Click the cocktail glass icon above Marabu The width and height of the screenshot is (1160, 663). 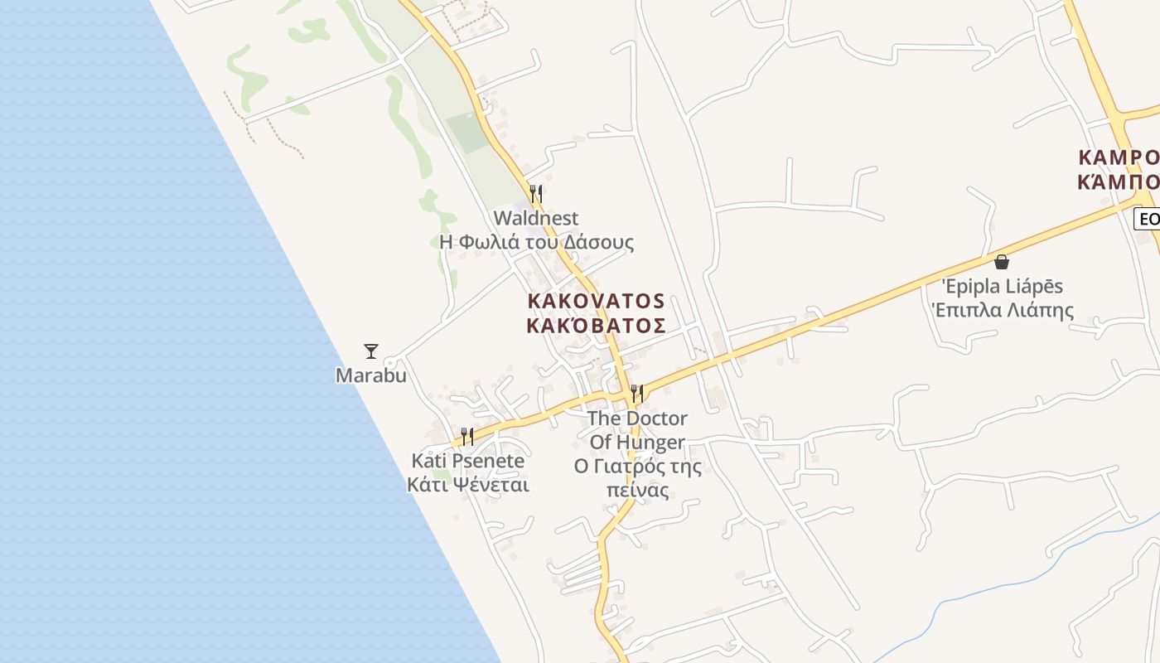click(x=371, y=351)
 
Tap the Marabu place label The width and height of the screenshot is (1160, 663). click(x=371, y=375)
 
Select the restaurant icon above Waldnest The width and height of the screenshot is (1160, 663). click(x=536, y=194)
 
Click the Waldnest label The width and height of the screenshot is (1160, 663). click(x=536, y=218)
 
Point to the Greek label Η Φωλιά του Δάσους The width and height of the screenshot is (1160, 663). click(x=536, y=242)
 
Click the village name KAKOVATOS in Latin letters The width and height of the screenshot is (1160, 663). click(x=596, y=300)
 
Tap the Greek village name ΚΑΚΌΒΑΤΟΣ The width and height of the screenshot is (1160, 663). click(x=596, y=324)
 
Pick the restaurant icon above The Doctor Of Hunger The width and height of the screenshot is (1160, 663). click(x=636, y=393)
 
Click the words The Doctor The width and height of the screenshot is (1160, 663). click(x=636, y=418)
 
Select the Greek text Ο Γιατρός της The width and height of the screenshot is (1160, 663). click(x=637, y=467)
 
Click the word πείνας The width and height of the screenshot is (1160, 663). click(x=637, y=491)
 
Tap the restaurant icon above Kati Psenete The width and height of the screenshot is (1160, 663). click(x=467, y=436)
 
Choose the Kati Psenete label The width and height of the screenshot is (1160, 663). click(x=467, y=461)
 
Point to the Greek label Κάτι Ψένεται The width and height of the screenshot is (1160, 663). click(x=467, y=485)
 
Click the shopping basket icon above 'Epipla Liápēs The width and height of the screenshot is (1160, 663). click(x=1002, y=262)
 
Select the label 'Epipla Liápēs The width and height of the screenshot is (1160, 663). click(x=1002, y=287)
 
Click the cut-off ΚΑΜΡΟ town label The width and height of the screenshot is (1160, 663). click(x=1119, y=157)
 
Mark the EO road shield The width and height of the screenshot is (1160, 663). click(x=1148, y=219)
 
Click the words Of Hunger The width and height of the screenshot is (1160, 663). click(x=637, y=442)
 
